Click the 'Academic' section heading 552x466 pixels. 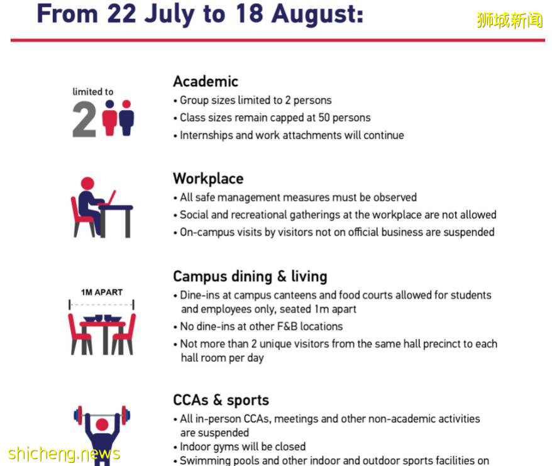tap(205, 81)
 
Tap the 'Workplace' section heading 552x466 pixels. tap(208, 179)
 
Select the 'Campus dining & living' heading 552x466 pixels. tap(250, 276)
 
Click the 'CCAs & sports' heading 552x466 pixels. tap(221, 400)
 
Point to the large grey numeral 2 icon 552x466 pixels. tap(84, 119)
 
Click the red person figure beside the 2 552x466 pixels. tap(110, 118)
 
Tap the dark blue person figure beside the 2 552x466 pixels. tap(126, 118)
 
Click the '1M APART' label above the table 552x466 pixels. tap(101, 292)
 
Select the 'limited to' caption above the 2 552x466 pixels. tap(93, 92)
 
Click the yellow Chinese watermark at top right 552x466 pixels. tap(509, 20)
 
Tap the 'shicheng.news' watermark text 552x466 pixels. tap(64, 453)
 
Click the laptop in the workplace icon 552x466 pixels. tap(109, 197)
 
